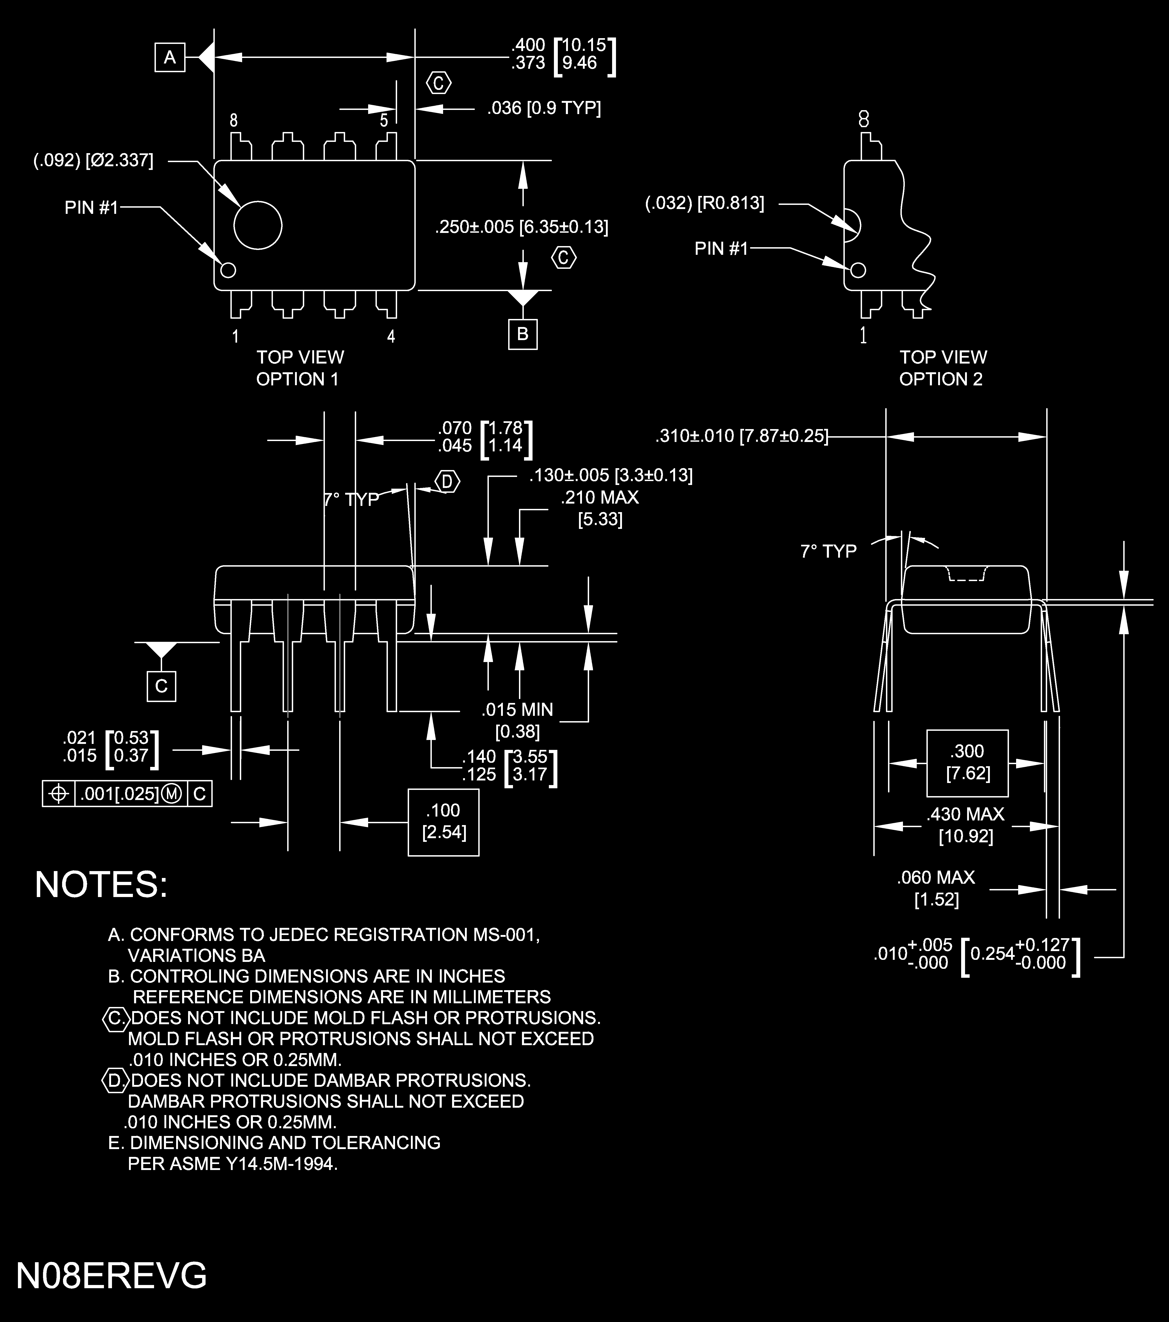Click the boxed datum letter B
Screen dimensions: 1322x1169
pos(522,334)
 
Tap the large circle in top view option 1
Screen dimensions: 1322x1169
pos(258,225)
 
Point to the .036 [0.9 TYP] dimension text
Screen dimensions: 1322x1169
pos(544,108)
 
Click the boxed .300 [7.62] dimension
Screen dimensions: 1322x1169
pos(967,763)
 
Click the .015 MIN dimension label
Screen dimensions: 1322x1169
pos(517,709)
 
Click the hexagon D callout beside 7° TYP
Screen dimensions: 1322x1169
pos(447,482)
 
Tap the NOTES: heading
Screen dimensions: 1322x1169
pos(101,884)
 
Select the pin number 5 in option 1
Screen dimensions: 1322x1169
pos(384,120)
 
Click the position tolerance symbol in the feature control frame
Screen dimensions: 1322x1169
pos(59,794)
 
